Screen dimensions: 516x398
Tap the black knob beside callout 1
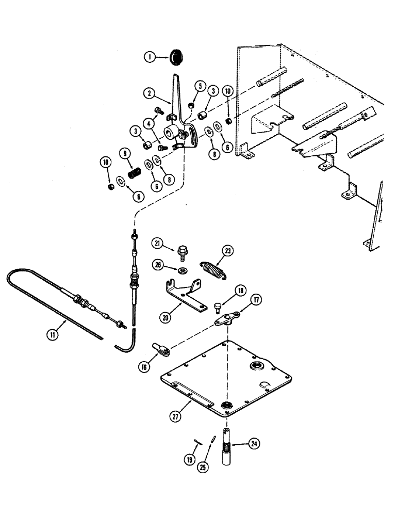point(177,57)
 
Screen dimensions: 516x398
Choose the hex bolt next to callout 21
point(183,252)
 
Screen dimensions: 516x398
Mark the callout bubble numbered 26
point(158,265)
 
